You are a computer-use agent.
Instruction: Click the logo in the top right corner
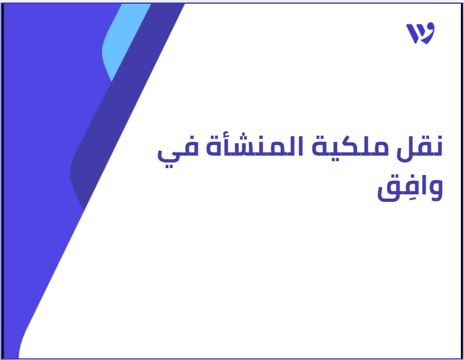tap(420, 33)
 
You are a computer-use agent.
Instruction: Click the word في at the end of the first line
tap(177, 151)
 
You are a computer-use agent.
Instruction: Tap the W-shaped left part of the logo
tap(413, 34)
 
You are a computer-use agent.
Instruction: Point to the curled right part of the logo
tap(428, 32)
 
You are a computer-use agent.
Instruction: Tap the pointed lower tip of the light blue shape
tap(111, 81)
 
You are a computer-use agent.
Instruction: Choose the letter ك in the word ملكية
tap(340, 146)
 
